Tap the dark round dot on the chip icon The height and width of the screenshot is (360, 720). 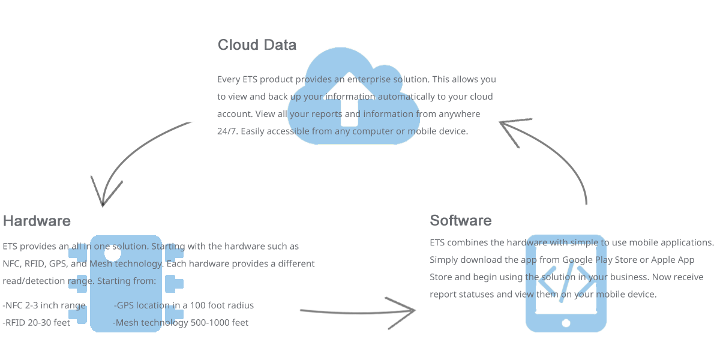(x=113, y=253)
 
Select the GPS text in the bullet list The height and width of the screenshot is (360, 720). (x=126, y=305)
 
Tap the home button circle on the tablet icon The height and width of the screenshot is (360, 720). (x=566, y=323)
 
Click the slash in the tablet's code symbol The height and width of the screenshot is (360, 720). (x=566, y=280)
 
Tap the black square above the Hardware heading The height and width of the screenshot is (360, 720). (x=106, y=191)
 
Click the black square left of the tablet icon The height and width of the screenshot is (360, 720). (x=400, y=313)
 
